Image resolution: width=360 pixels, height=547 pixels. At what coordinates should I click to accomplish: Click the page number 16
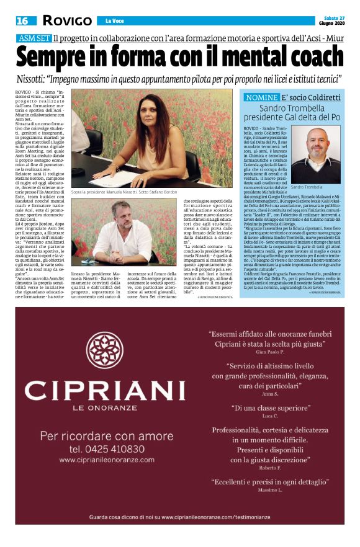pos(22,21)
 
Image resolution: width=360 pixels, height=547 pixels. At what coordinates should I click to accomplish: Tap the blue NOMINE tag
pos(261,98)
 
